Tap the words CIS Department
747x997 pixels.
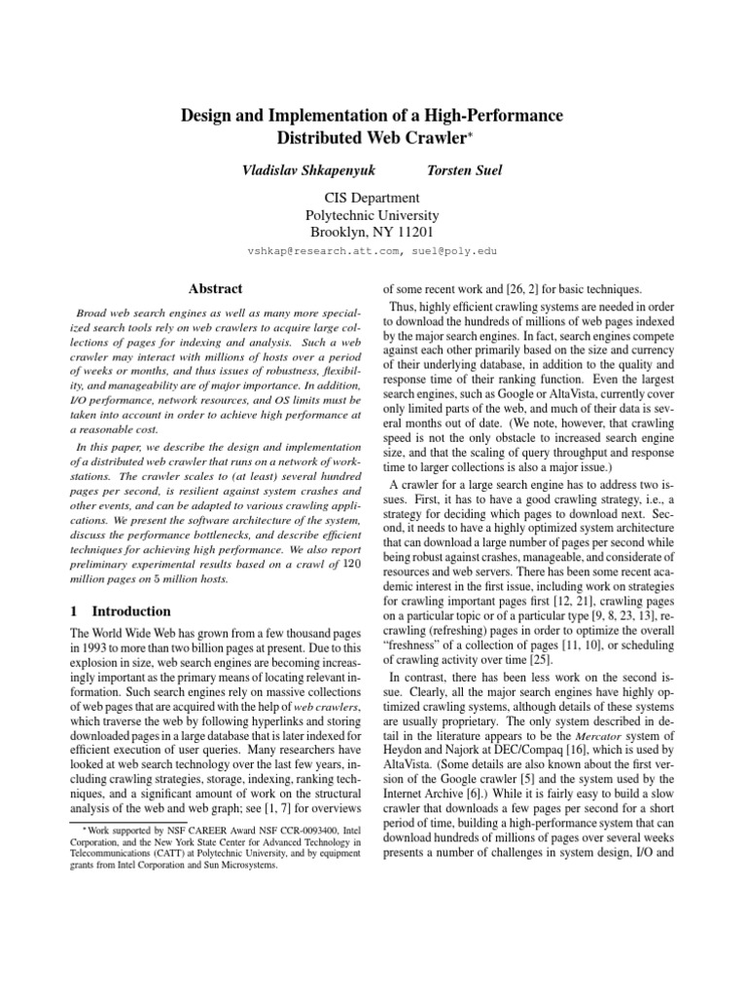[373, 198]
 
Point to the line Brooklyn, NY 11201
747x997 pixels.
[373, 233]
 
